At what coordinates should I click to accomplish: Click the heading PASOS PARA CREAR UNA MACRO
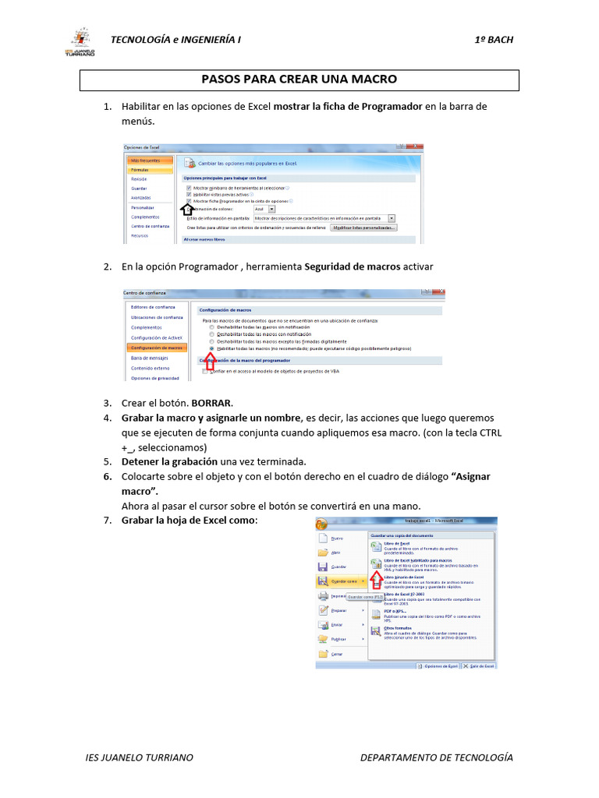(299, 79)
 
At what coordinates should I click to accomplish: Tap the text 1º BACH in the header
(494, 40)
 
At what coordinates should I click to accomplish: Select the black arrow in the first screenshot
(186, 208)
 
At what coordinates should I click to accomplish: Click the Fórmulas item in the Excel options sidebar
(140, 169)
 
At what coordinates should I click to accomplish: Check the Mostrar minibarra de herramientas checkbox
(189, 188)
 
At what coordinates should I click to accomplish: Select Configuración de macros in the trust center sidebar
(157, 348)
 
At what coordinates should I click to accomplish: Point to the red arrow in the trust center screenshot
(209, 361)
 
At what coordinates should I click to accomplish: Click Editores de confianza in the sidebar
(152, 307)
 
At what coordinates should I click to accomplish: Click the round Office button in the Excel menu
(321, 524)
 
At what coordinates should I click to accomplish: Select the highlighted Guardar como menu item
(343, 581)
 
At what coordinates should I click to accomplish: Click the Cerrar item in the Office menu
(337, 654)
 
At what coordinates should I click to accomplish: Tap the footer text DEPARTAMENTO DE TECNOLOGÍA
(437, 757)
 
